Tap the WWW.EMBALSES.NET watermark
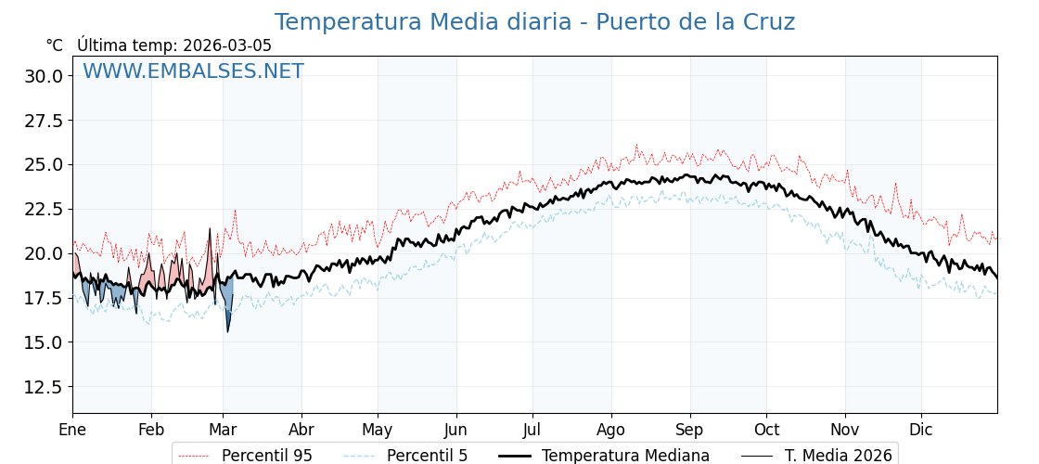(x=193, y=71)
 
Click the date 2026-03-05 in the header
(x=227, y=45)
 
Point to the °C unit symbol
(x=55, y=45)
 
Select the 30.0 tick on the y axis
(x=44, y=76)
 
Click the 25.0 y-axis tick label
(x=44, y=165)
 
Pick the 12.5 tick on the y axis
(x=44, y=387)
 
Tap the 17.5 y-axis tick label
(x=44, y=298)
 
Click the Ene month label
(x=72, y=430)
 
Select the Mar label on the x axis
(x=223, y=430)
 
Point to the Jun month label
(x=455, y=430)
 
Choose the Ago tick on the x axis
(x=611, y=430)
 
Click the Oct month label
(x=766, y=430)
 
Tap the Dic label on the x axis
(x=921, y=430)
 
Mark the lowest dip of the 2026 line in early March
(x=227, y=331)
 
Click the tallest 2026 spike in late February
(x=210, y=228)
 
